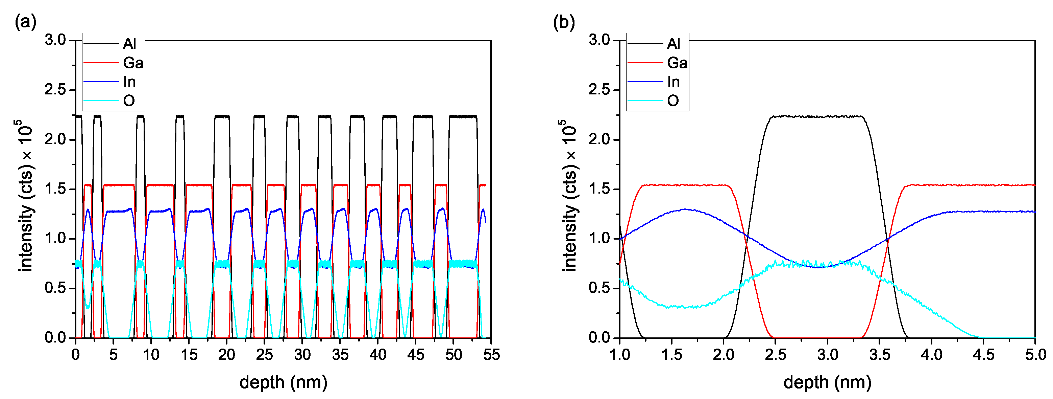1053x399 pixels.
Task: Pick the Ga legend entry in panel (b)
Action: click(677, 63)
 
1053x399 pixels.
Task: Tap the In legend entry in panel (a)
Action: click(129, 82)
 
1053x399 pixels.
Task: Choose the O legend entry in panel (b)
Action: click(673, 101)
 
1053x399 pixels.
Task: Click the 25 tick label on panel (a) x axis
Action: click(265, 354)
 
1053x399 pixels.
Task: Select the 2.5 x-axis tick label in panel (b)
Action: click(776, 354)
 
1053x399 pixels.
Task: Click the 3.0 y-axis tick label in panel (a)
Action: click(55, 40)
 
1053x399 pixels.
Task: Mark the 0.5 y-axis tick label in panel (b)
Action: click(599, 288)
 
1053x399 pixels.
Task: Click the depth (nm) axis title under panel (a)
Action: click(283, 382)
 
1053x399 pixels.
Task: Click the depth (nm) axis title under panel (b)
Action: click(827, 382)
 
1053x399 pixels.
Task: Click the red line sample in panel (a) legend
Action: click(101, 63)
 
